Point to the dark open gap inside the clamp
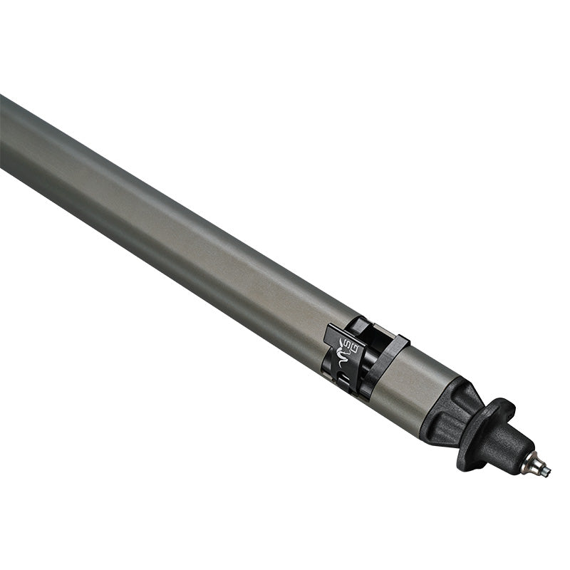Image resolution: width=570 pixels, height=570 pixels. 363,335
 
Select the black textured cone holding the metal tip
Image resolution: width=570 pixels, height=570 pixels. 510,452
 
